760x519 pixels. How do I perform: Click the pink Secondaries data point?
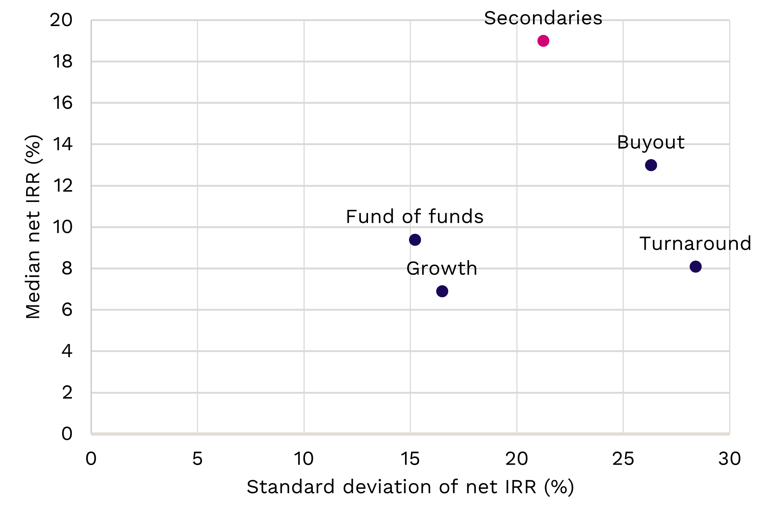(x=543, y=41)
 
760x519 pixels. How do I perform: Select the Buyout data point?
(x=651, y=165)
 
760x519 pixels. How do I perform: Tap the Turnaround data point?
(x=695, y=267)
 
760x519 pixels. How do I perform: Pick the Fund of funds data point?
(x=415, y=240)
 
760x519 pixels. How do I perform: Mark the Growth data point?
(x=442, y=291)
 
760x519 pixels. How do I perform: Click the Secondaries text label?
(x=543, y=18)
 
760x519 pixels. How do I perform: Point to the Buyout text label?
(x=650, y=142)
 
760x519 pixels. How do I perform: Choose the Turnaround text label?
(x=695, y=244)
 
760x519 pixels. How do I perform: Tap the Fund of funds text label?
(x=414, y=217)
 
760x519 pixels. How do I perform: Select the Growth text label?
(x=442, y=269)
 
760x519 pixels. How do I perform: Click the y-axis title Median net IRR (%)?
(x=33, y=227)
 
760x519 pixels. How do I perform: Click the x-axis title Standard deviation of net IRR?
(x=410, y=487)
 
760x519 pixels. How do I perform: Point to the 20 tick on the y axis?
(x=61, y=20)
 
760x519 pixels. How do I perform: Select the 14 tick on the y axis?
(x=62, y=145)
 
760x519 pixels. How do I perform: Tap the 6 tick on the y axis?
(x=67, y=310)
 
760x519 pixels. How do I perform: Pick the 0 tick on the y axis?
(x=67, y=434)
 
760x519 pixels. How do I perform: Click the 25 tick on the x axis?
(x=623, y=459)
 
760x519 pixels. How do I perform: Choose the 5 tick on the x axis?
(x=197, y=459)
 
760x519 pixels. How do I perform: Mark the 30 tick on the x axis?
(x=730, y=459)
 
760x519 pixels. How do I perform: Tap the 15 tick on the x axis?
(x=410, y=459)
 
